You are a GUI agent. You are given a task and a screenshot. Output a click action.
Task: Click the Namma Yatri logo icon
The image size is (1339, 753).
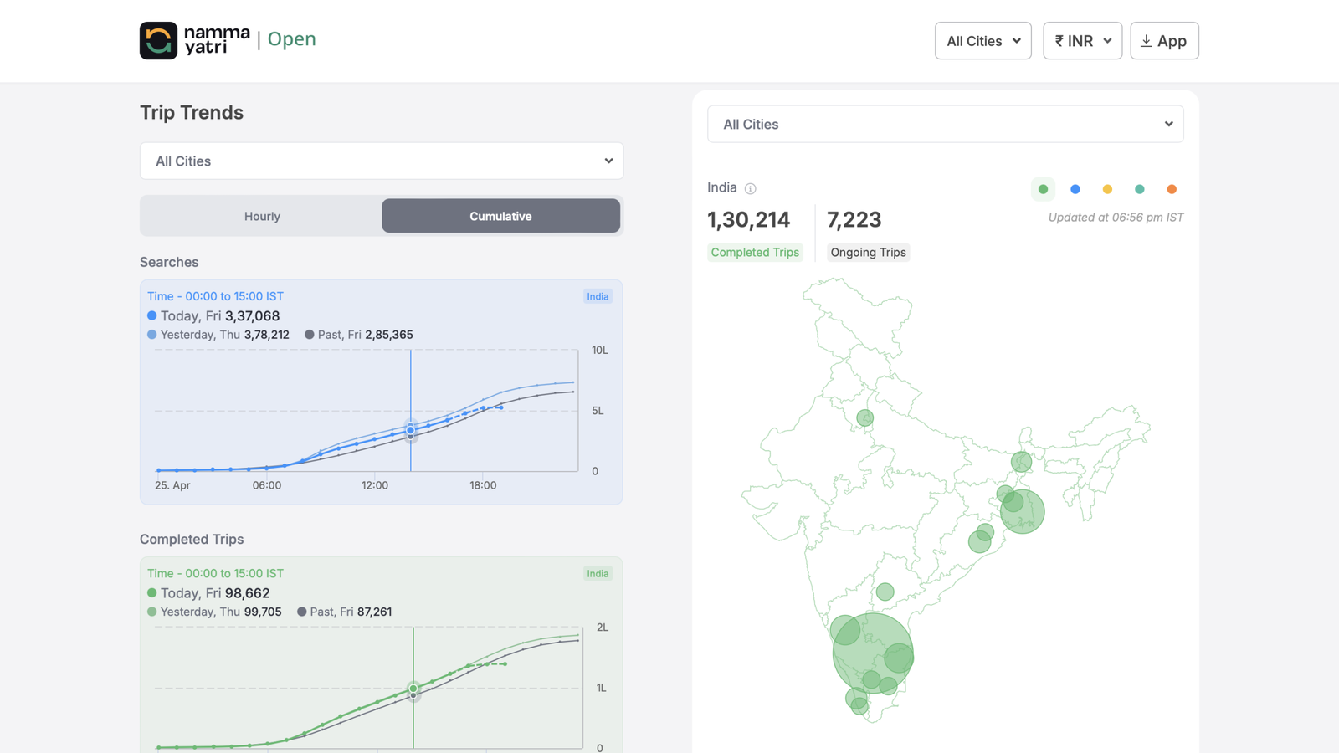(x=158, y=40)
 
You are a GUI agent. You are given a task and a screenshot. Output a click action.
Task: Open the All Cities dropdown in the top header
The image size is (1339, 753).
(x=982, y=41)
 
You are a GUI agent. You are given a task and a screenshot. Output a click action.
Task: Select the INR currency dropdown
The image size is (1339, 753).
(x=1082, y=41)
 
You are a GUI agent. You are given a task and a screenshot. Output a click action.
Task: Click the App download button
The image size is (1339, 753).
(x=1164, y=41)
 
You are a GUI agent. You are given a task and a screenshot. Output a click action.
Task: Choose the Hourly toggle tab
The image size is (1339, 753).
(x=262, y=216)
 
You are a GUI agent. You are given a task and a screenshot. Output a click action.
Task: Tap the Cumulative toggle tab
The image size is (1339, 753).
(x=500, y=216)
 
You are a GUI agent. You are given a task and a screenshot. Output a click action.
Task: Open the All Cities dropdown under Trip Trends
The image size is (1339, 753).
(x=382, y=161)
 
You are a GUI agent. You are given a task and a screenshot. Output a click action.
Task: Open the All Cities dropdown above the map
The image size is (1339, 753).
(x=945, y=124)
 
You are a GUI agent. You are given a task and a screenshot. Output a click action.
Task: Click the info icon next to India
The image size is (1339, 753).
(x=750, y=188)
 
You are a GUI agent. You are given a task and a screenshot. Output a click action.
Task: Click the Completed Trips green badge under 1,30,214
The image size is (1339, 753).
(x=755, y=252)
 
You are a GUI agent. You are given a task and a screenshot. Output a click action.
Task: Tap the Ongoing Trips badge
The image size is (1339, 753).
(x=868, y=252)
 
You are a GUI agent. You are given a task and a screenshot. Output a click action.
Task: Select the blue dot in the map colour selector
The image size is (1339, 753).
(x=1075, y=189)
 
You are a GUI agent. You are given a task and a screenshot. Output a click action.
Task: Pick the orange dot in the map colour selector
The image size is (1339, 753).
(x=1172, y=189)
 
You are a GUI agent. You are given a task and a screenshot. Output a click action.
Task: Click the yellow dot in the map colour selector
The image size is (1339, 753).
(x=1107, y=189)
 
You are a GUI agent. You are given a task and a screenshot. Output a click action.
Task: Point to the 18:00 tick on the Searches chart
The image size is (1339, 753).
(x=483, y=485)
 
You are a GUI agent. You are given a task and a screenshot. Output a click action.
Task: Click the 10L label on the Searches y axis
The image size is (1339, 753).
(x=599, y=350)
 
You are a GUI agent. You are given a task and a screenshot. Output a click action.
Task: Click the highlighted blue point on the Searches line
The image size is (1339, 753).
(x=410, y=430)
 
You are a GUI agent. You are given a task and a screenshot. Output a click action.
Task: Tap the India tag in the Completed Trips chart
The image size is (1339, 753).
(x=598, y=573)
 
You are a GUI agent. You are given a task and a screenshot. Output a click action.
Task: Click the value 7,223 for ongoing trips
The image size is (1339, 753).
(x=854, y=219)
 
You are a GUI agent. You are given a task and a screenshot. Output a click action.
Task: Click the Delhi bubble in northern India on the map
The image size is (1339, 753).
(x=864, y=417)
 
